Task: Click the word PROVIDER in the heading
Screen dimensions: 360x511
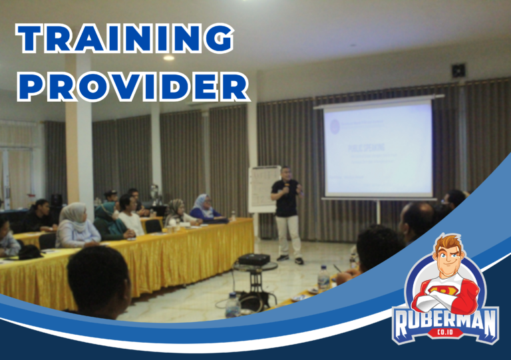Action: pyautogui.click(x=132, y=85)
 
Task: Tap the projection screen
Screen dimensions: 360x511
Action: pyautogui.click(x=377, y=148)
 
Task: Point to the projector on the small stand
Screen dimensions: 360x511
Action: pyautogui.click(x=254, y=259)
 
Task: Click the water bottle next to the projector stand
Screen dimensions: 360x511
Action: pyautogui.click(x=232, y=305)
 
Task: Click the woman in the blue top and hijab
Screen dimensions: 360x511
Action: pyautogui.click(x=202, y=208)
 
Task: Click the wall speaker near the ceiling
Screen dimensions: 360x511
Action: pyautogui.click(x=458, y=70)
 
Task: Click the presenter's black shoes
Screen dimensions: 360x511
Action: pyautogui.click(x=289, y=259)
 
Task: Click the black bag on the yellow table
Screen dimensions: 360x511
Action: pyautogui.click(x=29, y=252)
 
